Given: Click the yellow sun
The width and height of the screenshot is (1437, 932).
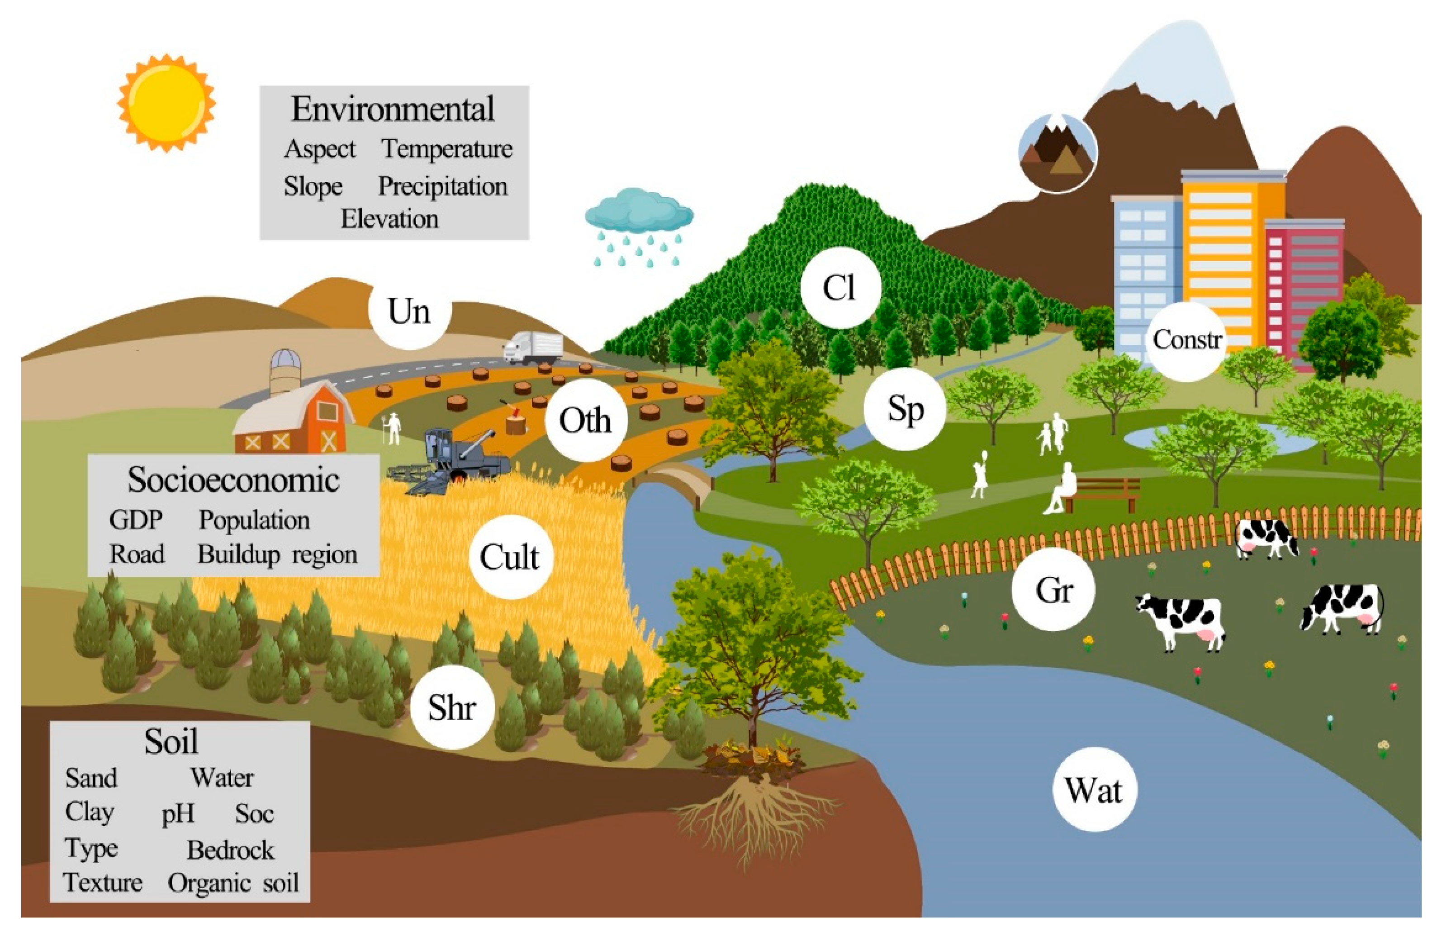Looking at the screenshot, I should click(166, 103).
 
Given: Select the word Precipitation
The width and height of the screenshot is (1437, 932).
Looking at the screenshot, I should click(442, 186).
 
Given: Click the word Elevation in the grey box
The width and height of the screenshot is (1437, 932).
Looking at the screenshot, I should click(389, 219).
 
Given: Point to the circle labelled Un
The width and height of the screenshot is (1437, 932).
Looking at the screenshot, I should click(409, 311).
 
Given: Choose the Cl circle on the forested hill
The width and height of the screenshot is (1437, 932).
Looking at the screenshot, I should click(840, 287).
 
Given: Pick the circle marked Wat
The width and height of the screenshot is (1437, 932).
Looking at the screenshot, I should click(1094, 790).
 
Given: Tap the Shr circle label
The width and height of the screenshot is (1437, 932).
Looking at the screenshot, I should click(452, 707).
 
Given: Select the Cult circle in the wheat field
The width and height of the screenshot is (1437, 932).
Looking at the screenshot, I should click(510, 557).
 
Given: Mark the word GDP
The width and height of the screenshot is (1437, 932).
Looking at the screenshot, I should click(136, 520).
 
